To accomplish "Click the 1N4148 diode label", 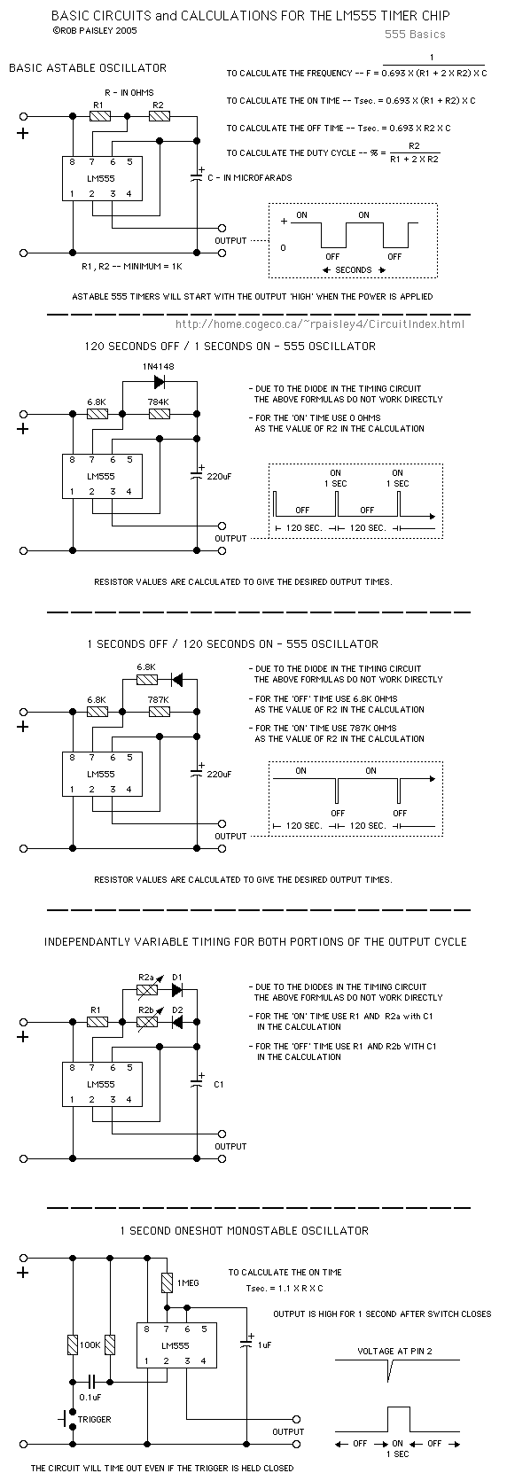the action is (158, 366).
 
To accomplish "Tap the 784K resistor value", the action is (159, 402).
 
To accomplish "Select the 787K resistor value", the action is (159, 699).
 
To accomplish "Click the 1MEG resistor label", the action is (187, 1282).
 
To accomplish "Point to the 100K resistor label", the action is (90, 1345).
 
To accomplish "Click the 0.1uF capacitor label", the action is (90, 1398).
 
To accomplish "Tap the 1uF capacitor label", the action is (264, 1345).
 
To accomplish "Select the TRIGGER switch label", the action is (95, 1420).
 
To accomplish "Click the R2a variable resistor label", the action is (146, 978).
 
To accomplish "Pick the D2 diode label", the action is (176, 1010).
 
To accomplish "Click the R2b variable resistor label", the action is (146, 1010).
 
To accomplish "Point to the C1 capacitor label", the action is (218, 1084).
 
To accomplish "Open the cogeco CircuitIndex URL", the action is (320, 324).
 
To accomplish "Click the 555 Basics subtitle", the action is (415, 35).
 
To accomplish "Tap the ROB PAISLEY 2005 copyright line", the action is (94, 30).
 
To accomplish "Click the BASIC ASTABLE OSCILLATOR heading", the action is (88, 68).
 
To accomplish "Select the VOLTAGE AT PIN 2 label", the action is (394, 1351).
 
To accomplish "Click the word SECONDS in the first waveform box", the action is (354, 269).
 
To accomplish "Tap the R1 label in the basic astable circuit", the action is (97, 105).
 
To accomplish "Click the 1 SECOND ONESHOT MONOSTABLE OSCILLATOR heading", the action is (245, 1230).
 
